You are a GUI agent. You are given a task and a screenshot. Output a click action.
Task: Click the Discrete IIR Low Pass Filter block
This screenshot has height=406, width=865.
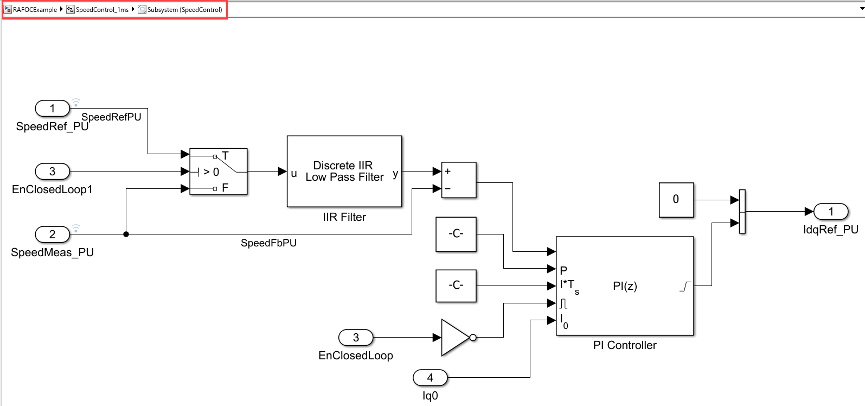(x=344, y=171)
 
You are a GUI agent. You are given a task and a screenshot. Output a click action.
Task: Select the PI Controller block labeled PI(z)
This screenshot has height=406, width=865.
(x=625, y=286)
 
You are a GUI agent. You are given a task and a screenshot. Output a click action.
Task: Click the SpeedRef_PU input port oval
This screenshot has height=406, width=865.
(x=53, y=109)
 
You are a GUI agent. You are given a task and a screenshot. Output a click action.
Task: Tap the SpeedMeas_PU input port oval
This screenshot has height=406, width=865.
(x=53, y=234)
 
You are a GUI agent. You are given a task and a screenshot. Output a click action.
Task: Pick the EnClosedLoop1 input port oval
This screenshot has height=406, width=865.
(x=53, y=172)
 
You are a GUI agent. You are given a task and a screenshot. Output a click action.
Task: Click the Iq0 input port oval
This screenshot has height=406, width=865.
(x=430, y=377)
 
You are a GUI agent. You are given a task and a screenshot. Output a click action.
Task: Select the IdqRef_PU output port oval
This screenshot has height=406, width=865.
(x=831, y=212)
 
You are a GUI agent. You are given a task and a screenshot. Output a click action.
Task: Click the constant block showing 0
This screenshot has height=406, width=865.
(x=676, y=200)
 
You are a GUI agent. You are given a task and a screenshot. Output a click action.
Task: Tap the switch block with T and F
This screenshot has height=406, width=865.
(x=218, y=172)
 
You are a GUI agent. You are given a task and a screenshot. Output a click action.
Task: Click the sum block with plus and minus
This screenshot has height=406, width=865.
(x=458, y=180)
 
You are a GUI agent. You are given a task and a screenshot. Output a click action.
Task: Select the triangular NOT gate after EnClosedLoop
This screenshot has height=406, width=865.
(x=456, y=338)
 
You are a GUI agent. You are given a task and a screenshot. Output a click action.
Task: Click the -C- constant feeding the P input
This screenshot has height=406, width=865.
(x=456, y=234)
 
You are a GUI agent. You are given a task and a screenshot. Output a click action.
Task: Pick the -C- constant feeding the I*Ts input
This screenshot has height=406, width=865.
(x=456, y=286)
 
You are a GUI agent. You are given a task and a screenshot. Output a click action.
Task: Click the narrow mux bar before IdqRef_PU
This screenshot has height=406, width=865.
(x=742, y=212)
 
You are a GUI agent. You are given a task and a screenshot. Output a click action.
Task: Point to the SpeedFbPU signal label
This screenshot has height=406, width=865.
(x=268, y=243)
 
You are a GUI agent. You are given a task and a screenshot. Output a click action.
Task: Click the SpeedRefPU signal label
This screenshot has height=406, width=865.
(x=111, y=117)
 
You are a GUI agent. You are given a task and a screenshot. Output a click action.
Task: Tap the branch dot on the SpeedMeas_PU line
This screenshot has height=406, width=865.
(x=126, y=234)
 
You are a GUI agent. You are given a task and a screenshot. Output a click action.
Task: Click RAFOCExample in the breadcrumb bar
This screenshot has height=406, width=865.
(x=35, y=10)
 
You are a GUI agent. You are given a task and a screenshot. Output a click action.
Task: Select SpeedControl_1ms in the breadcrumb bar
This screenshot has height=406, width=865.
(x=102, y=10)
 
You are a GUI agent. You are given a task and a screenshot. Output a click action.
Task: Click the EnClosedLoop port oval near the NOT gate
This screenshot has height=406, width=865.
(x=356, y=338)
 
